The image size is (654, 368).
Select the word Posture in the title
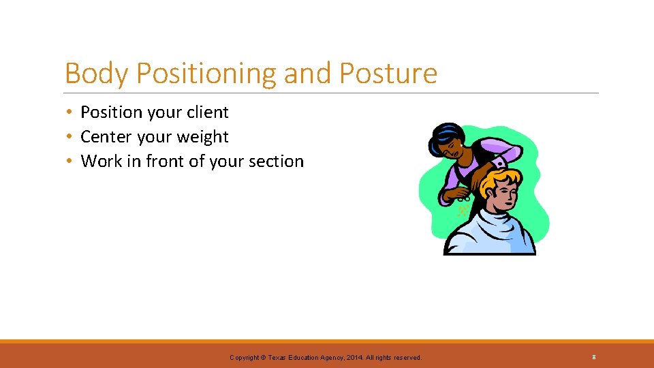pyautogui.click(x=389, y=74)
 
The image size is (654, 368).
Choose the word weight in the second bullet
pyautogui.click(x=202, y=137)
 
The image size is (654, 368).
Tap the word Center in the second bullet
pyautogui.click(x=106, y=137)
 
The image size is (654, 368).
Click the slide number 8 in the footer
pyautogui.click(x=594, y=357)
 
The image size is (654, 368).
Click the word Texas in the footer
pyautogui.click(x=278, y=358)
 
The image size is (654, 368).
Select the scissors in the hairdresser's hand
pyautogui.click(x=463, y=198)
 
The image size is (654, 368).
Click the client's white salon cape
pyautogui.click(x=490, y=235)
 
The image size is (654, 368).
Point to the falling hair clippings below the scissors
pyautogui.click(x=463, y=212)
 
